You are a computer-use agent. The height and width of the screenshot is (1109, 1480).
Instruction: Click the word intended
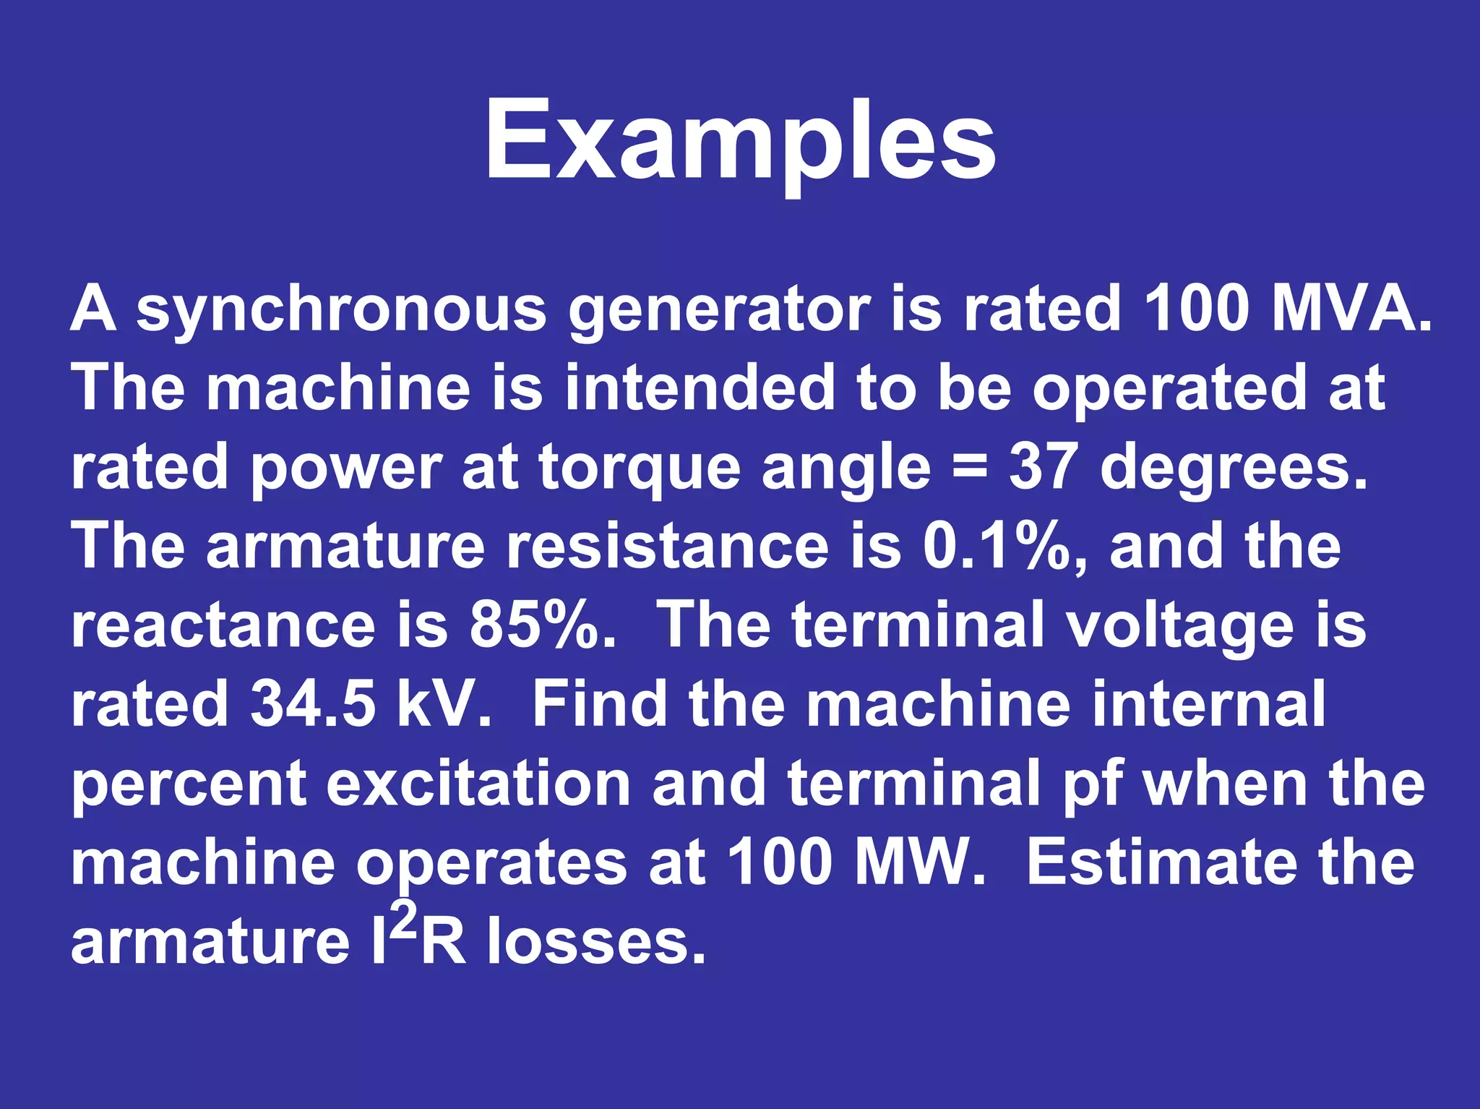[x=700, y=388]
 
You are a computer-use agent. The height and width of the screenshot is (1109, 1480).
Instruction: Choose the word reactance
[x=223, y=625]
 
